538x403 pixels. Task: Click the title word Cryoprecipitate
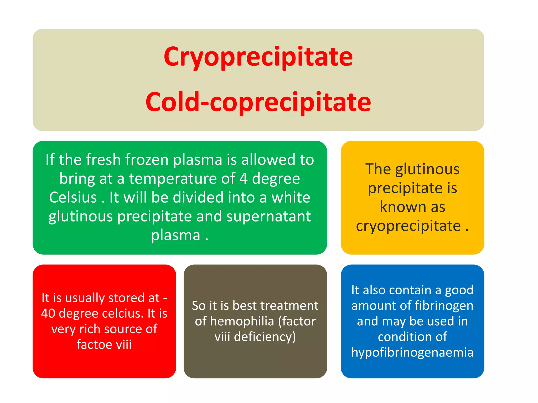click(x=258, y=57)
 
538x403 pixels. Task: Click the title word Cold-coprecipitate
click(x=258, y=102)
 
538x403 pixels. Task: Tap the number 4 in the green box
click(x=243, y=178)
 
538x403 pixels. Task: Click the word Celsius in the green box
click(x=73, y=197)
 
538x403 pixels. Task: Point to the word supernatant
click(x=268, y=217)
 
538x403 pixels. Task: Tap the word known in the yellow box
click(x=400, y=207)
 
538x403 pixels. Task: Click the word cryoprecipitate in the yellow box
click(x=408, y=226)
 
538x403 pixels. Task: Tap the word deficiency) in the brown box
click(x=265, y=337)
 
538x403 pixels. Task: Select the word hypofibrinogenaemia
click(x=412, y=352)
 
